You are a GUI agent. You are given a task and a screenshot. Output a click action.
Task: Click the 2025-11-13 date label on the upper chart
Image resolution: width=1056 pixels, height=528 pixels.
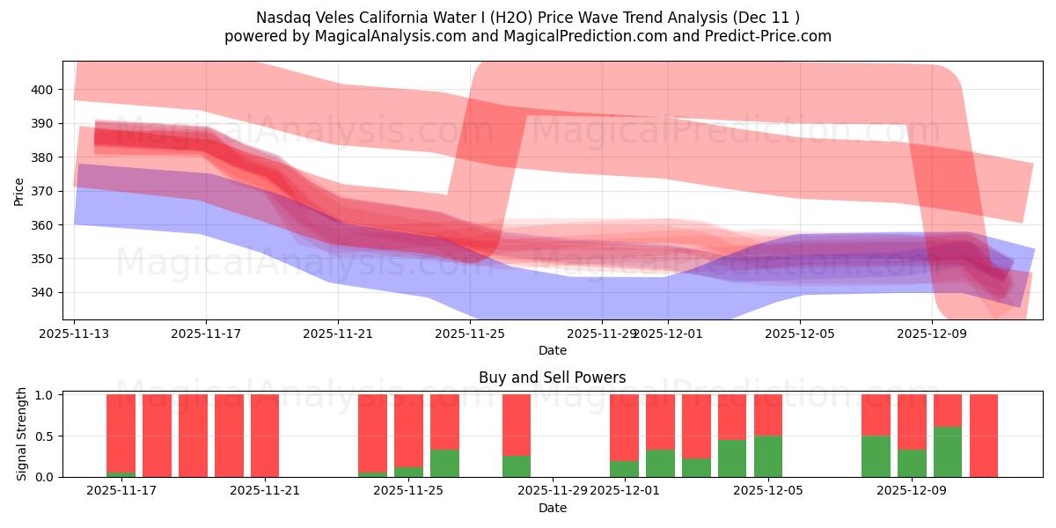(74, 334)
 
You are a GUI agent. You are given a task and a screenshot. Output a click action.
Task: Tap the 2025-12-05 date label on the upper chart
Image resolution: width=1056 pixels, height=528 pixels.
(800, 334)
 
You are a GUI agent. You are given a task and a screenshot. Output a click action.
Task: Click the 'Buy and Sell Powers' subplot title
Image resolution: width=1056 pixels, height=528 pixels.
(552, 378)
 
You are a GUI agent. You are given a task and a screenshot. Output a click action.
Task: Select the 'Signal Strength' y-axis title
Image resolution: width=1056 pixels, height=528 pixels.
(22, 436)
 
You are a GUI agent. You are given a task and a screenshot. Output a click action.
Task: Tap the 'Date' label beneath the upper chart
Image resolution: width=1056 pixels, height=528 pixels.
(552, 350)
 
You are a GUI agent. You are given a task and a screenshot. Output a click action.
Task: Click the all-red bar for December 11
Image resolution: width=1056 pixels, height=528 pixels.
(984, 436)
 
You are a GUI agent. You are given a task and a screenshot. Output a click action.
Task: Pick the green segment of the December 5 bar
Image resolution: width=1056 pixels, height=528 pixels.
(768, 456)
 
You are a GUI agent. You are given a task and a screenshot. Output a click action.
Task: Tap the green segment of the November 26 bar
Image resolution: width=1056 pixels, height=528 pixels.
(444, 464)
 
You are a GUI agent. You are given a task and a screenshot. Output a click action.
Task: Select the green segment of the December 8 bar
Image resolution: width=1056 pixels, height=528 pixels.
(876, 456)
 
